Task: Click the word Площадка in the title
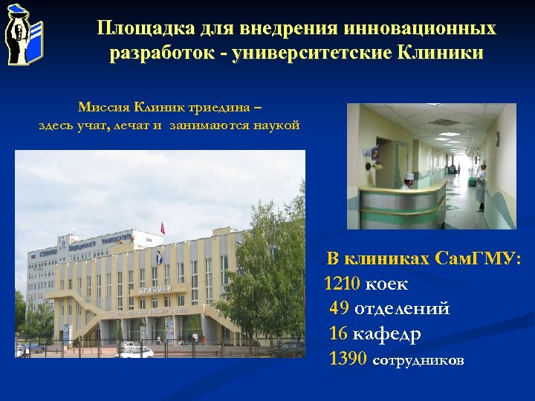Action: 144,29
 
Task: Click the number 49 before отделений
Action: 340,308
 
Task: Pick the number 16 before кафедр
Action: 338,334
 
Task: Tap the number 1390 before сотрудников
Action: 347,360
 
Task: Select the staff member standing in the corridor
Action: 481,186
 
